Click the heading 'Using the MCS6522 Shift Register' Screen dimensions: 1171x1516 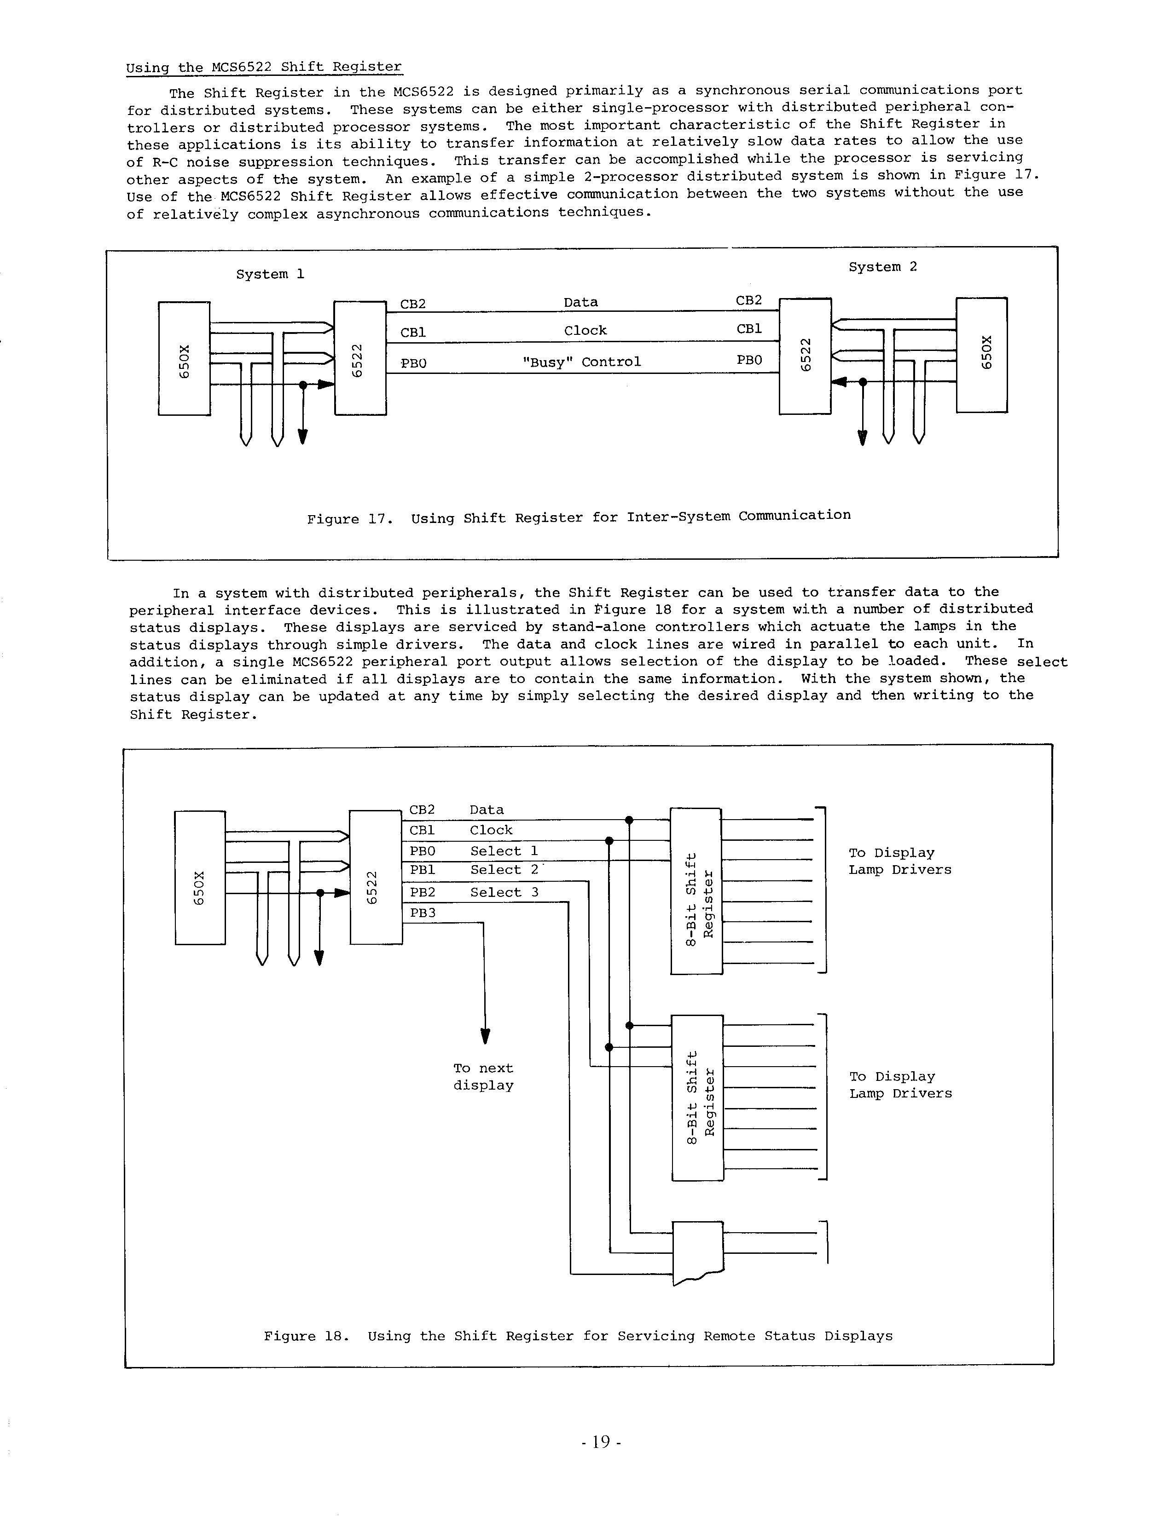[x=264, y=67]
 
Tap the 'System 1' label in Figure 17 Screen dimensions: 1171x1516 [x=270, y=274]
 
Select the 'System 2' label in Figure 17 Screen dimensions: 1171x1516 [x=883, y=267]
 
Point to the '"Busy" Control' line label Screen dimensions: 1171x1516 [x=581, y=362]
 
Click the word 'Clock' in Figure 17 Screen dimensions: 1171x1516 [x=585, y=330]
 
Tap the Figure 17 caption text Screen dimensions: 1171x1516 [x=579, y=517]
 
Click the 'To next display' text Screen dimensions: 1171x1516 [x=483, y=1077]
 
